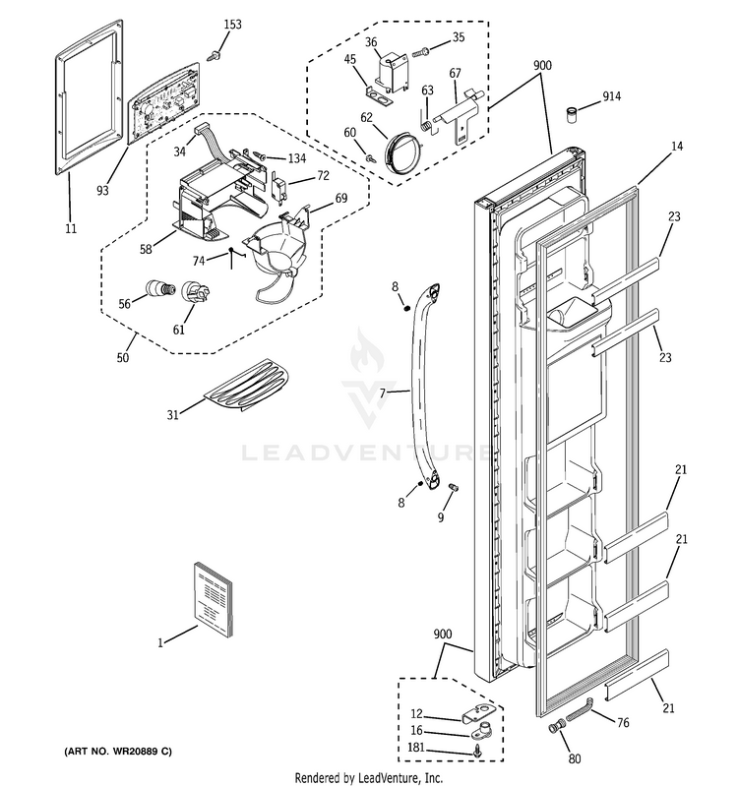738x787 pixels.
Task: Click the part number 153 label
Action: pos(232,24)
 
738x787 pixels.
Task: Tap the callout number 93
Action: pos(103,188)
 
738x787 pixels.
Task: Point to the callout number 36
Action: pos(371,42)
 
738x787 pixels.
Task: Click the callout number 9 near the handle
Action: pos(440,517)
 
